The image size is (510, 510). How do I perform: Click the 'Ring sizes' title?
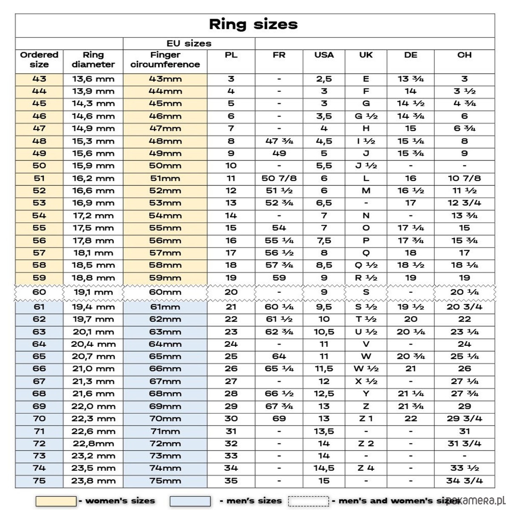[253, 24]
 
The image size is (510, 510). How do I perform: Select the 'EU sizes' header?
[189, 43]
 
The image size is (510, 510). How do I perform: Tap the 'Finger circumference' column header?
[165, 59]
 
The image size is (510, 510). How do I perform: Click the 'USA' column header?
[324, 55]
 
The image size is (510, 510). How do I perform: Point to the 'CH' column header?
[464, 55]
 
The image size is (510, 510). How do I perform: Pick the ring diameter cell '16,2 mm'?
[93, 178]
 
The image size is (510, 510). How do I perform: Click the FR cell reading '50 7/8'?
[279, 178]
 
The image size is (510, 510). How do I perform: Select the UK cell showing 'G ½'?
[366, 116]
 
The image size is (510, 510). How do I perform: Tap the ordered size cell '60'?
[39, 292]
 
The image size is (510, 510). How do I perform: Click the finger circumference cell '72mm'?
[165, 444]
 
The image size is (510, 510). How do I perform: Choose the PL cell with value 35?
[231, 481]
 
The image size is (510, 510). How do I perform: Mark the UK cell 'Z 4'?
[366, 468]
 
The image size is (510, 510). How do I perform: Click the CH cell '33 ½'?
[464, 468]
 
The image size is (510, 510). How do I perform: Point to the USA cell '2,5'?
[324, 79]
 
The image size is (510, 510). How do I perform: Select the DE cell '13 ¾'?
[410, 79]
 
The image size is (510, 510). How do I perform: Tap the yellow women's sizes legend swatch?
[56, 501]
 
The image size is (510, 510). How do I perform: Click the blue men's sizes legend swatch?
[190, 501]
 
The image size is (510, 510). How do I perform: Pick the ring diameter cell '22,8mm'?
[93, 444]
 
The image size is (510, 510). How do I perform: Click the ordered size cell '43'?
[39, 79]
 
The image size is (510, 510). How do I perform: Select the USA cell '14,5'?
[324, 468]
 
